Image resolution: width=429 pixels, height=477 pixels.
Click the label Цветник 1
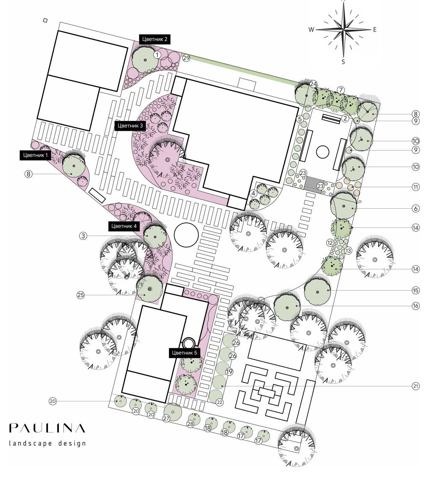click(x=35, y=155)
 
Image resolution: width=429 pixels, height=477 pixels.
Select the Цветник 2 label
click(x=155, y=39)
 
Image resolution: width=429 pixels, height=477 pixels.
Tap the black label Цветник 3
click(x=130, y=125)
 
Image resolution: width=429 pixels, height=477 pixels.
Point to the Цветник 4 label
click(x=124, y=226)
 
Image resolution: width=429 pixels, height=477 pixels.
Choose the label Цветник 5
click(x=184, y=353)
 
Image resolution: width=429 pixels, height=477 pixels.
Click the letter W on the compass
click(x=311, y=29)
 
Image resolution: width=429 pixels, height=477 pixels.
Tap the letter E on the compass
click(x=375, y=29)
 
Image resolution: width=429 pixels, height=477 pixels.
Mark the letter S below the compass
click(x=343, y=62)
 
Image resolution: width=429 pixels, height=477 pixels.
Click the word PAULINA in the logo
click(x=47, y=428)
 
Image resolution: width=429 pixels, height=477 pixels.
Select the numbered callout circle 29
click(x=186, y=58)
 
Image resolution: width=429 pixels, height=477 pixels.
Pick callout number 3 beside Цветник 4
click(x=83, y=236)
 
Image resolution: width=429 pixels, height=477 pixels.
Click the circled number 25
click(x=81, y=295)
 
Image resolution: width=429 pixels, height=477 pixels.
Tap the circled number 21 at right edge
click(x=415, y=386)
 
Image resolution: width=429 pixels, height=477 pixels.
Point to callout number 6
click(x=415, y=208)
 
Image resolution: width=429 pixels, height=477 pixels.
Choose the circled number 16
click(x=415, y=306)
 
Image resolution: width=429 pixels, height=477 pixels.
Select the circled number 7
click(x=341, y=90)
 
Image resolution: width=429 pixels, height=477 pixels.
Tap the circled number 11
click(x=415, y=187)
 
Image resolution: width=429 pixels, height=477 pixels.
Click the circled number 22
click(x=219, y=402)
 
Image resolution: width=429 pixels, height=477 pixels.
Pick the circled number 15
click(x=415, y=290)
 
